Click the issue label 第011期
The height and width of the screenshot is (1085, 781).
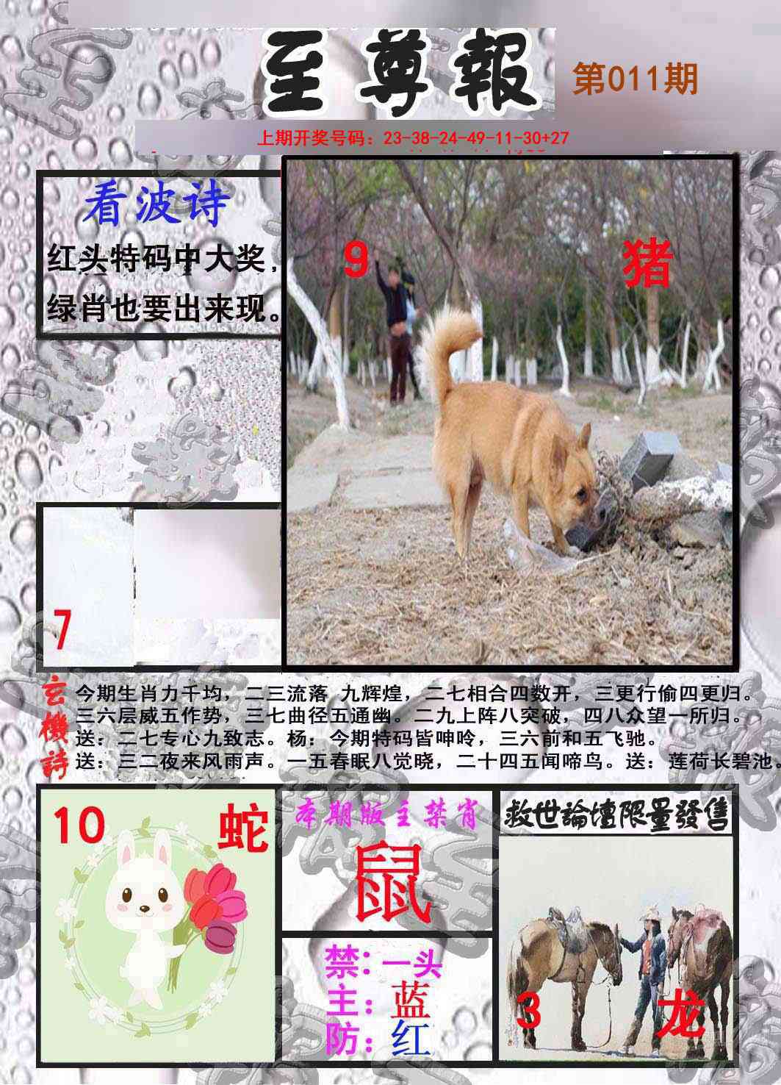[x=635, y=79]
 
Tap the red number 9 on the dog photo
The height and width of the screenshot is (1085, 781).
[x=356, y=259]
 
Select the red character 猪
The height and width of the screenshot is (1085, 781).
[x=648, y=265]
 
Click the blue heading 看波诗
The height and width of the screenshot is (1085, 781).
[x=156, y=205]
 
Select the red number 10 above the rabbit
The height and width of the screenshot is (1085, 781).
[x=79, y=826]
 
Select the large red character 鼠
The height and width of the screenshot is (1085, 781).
[x=391, y=883]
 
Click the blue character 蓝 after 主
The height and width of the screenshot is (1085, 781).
[x=410, y=998]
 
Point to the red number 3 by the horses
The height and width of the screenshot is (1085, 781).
[x=528, y=1012]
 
